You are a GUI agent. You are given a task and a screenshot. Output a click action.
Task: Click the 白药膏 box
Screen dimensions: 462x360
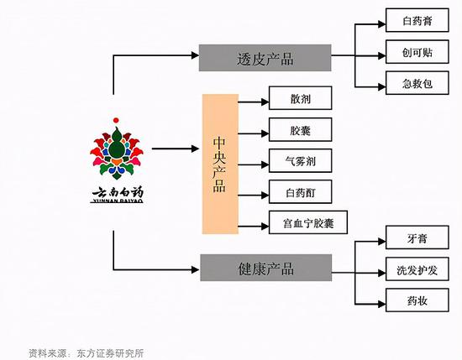coord(417,20)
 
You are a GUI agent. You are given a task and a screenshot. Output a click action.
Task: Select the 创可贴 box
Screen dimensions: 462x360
coord(417,52)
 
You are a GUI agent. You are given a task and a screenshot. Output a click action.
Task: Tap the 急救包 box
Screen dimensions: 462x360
coord(417,83)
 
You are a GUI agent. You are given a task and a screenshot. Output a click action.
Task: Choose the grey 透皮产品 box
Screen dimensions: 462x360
coord(265,58)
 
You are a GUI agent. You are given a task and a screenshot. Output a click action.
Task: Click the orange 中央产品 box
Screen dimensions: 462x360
coord(220,164)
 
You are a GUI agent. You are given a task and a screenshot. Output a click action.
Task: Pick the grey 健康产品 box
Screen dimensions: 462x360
coord(265,268)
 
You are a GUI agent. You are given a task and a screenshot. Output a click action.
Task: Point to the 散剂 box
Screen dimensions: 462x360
coord(300,98)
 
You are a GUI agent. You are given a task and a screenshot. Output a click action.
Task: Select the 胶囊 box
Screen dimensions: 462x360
coord(300,130)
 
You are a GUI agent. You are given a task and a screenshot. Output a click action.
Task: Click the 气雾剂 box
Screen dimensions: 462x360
coord(300,161)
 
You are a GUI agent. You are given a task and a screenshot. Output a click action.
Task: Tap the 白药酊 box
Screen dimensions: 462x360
coord(300,192)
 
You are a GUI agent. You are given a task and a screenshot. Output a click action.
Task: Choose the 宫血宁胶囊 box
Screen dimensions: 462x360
coord(308,222)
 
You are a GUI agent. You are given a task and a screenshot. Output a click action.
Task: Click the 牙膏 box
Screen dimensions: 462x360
coord(417,237)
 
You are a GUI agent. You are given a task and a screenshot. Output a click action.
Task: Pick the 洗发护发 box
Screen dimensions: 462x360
coord(417,269)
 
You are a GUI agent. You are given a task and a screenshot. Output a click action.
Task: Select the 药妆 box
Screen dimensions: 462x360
coord(417,300)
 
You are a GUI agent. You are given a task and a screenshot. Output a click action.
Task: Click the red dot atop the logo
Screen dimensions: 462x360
coord(116,120)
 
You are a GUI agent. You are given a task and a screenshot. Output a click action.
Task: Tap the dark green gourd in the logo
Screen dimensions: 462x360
coord(116,145)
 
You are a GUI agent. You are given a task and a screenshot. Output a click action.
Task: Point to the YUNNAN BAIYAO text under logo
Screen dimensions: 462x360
coord(117,201)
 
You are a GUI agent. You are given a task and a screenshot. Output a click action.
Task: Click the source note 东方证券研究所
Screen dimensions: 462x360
coord(111,353)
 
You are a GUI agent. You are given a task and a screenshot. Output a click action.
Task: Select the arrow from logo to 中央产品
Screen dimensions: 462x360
coord(176,149)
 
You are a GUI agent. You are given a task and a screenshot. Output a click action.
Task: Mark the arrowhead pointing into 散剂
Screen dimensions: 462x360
coord(265,102)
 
